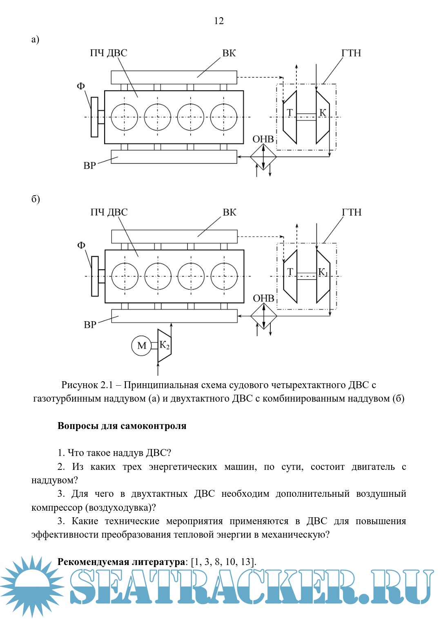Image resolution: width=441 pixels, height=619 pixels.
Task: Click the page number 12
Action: (x=219, y=21)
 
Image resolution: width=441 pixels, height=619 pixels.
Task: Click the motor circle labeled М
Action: (x=141, y=346)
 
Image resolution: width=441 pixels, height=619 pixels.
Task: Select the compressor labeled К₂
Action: (x=164, y=346)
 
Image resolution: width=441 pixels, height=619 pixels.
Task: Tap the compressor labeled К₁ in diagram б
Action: (x=323, y=276)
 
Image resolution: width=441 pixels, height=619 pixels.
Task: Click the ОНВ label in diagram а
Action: (x=263, y=139)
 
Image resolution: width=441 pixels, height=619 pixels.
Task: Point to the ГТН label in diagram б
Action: (x=352, y=212)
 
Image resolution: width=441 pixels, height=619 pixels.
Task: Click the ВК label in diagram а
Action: (x=229, y=53)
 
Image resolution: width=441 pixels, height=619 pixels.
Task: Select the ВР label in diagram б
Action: (x=90, y=325)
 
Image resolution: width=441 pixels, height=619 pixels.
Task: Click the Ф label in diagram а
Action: (x=81, y=86)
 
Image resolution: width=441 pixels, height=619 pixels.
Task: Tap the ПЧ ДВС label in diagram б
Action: (x=109, y=212)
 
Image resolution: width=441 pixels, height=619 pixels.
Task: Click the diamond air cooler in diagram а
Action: (x=263, y=156)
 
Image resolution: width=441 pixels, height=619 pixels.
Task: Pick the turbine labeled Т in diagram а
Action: (x=290, y=117)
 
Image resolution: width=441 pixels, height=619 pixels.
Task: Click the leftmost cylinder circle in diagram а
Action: (x=125, y=117)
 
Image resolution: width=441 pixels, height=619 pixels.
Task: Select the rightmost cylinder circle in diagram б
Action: (x=224, y=276)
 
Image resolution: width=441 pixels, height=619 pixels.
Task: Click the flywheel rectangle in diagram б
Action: (x=95, y=276)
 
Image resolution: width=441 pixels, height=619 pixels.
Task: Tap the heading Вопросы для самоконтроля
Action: (x=122, y=426)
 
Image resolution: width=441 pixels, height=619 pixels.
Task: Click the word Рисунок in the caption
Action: (x=79, y=385)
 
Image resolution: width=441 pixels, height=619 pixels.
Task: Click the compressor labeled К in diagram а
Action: (x=323, y=117)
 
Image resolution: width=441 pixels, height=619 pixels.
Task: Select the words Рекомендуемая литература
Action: (x=121, y=562)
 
